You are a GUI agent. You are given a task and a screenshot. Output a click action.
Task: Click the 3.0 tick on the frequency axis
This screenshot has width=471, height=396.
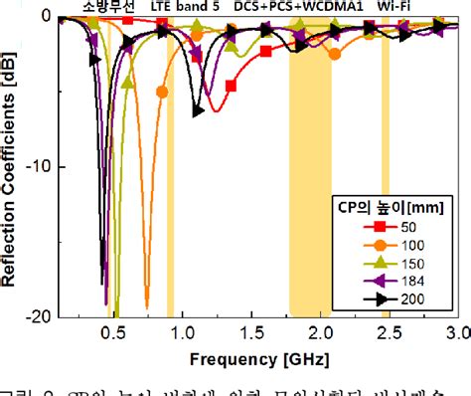(456, 331)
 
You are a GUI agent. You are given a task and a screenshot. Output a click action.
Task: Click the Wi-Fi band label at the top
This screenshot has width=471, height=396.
(395, 6)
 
